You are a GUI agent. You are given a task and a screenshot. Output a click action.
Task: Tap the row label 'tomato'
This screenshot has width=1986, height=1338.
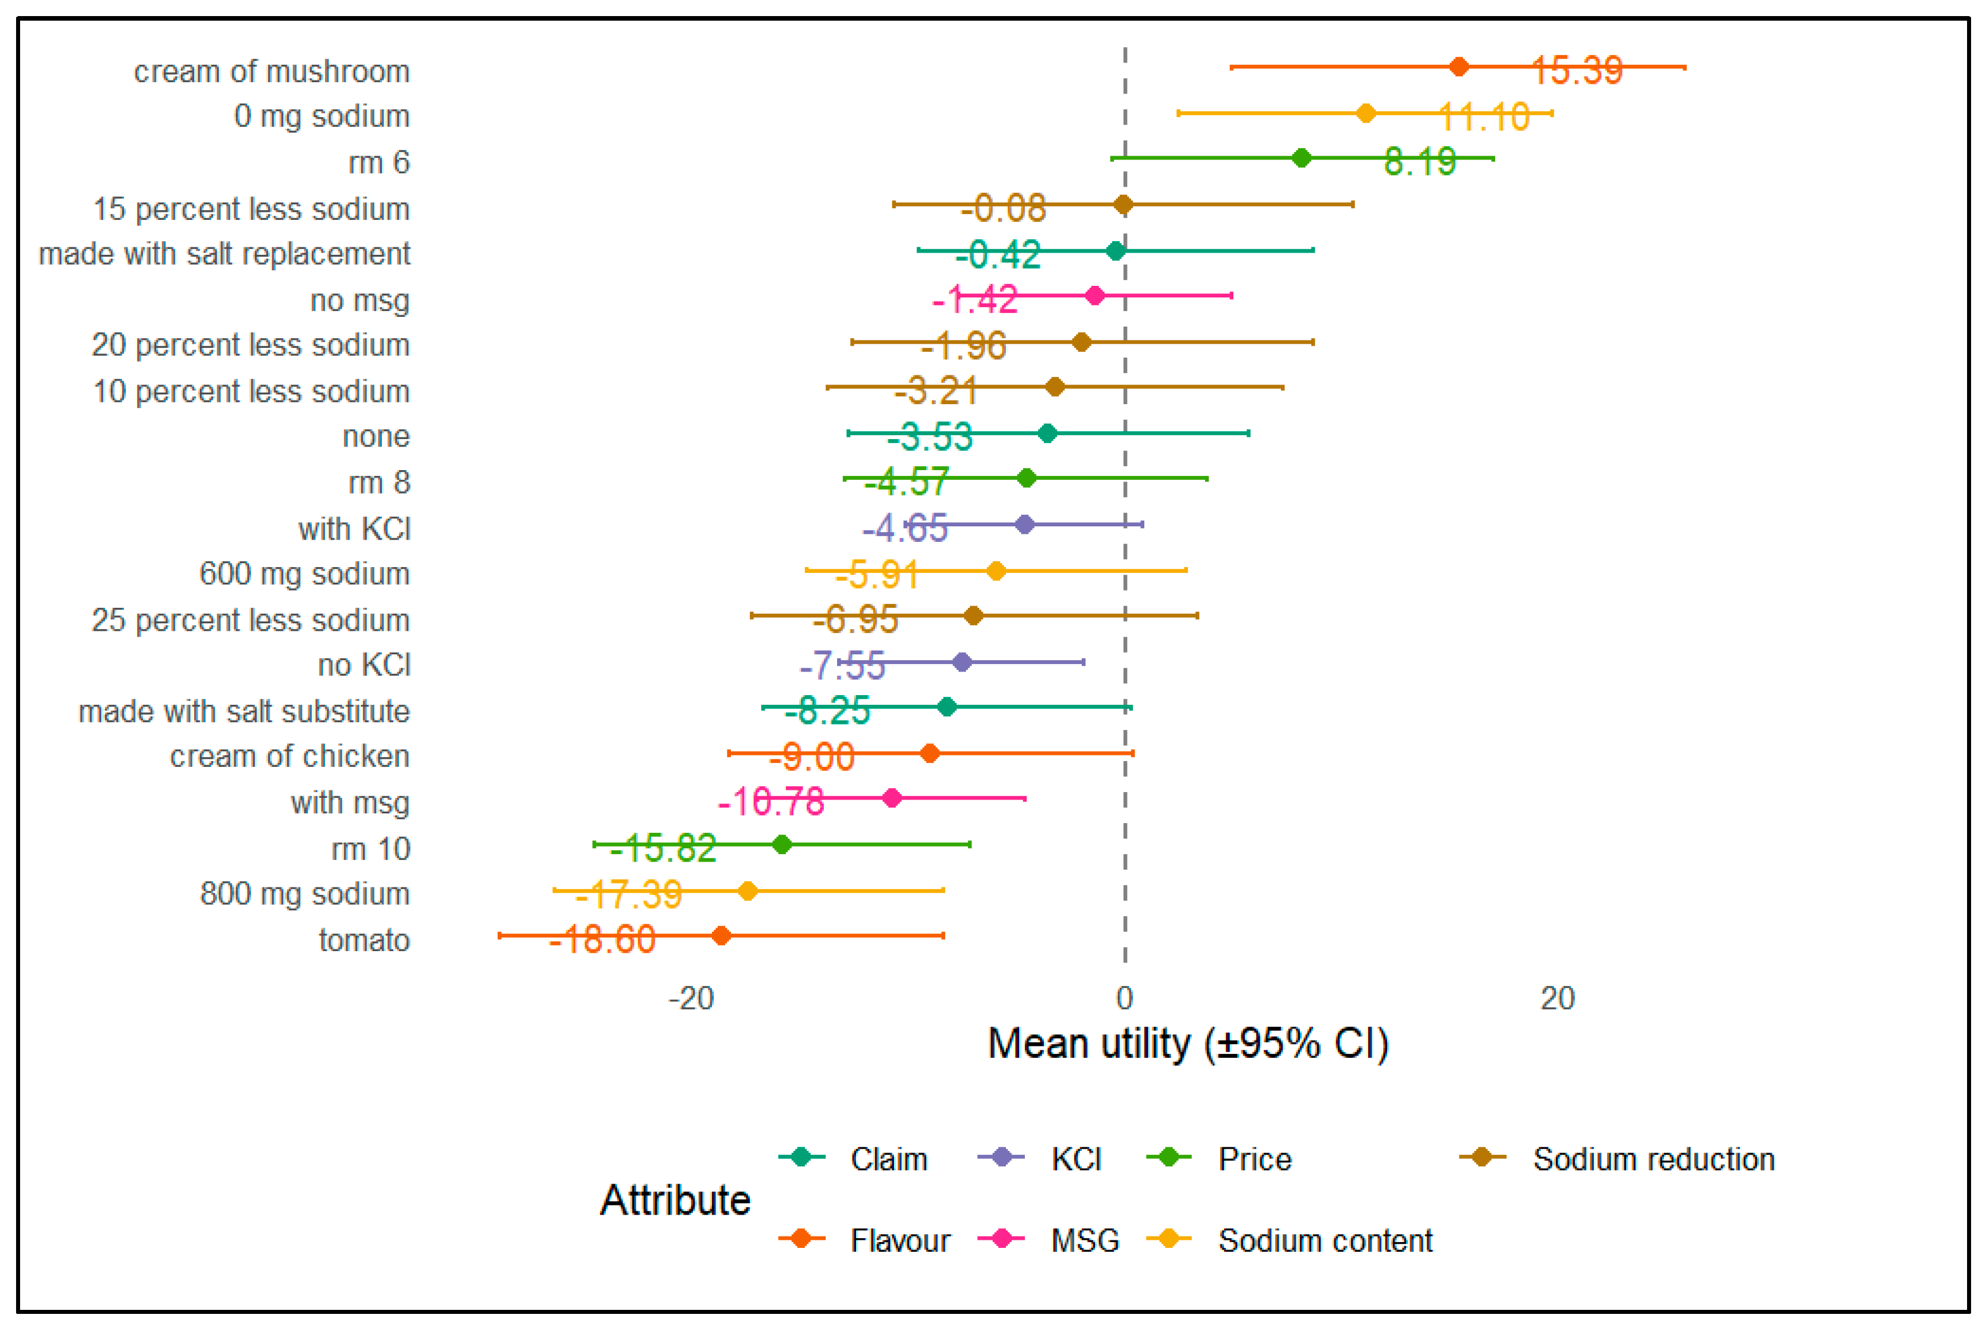(x=365, y=940)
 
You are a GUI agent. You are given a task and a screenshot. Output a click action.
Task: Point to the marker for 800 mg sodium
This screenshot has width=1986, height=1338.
(x=748, y=891)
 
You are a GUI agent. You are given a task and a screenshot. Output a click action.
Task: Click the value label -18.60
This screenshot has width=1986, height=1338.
(x=602, y=940)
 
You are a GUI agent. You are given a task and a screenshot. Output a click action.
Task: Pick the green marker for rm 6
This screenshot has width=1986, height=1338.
(x=1302, y=158)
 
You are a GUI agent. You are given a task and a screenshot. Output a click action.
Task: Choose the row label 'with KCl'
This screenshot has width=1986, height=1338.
(x=354, y=529)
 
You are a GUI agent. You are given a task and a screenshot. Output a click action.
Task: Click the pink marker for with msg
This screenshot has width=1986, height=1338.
(x=892, y=798)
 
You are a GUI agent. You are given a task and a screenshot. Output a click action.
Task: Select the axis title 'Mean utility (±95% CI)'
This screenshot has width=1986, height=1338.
(x=1188, y=1044)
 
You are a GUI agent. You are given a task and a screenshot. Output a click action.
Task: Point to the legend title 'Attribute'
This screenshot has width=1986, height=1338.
(x=675, y=1200)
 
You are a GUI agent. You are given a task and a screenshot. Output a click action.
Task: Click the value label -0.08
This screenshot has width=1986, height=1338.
(x=1003, y=207)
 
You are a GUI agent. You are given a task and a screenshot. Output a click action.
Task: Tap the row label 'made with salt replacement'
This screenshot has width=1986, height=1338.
(x=224, y=254)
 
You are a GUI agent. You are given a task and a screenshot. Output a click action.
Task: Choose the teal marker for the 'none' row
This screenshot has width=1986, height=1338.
(x=1047, y=433)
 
